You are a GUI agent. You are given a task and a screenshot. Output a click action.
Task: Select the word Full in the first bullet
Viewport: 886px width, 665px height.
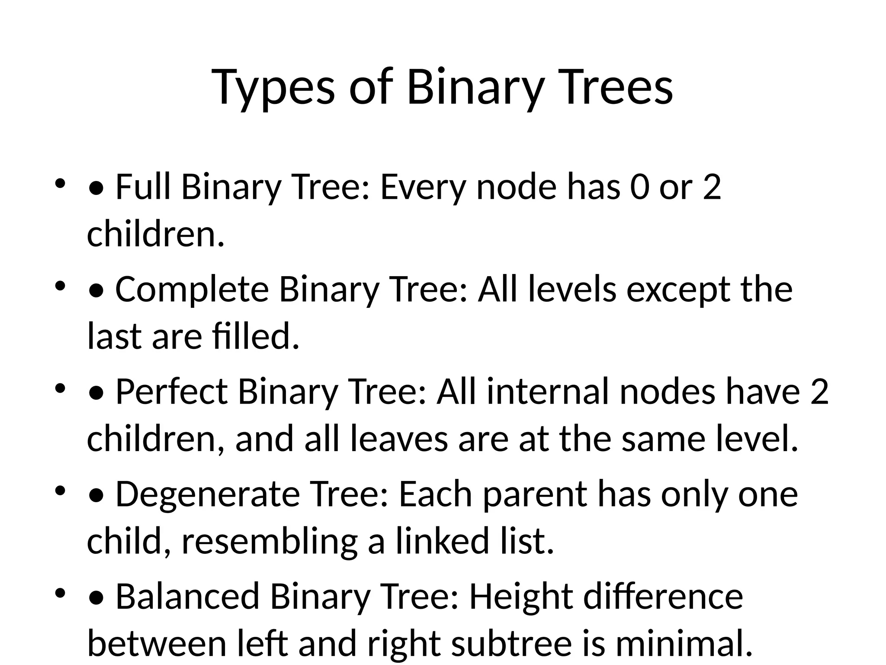click(143, 187)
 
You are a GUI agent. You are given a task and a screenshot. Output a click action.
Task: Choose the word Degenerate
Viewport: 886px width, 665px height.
click(208, 494)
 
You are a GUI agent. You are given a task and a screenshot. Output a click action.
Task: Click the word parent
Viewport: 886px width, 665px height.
click(535, 494)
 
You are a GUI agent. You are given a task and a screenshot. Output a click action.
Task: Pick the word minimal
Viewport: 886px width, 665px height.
click(683, 643)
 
